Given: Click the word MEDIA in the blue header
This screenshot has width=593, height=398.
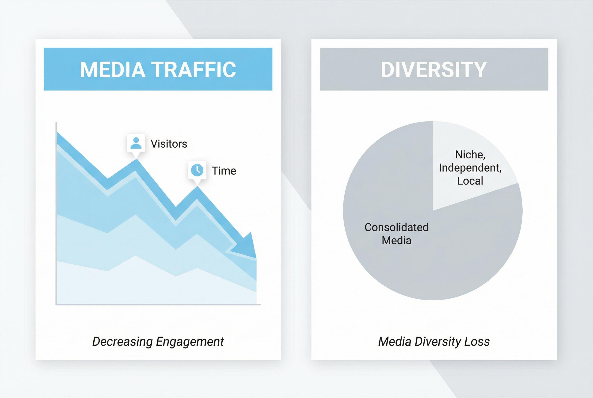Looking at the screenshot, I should click(x=113, y=69).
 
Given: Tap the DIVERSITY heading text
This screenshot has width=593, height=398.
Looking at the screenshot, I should click(x=434, y=69).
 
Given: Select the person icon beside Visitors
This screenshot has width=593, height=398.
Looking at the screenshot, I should click(x=136, y=143).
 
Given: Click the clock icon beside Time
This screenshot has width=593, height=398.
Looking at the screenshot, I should click(x=197, y=170).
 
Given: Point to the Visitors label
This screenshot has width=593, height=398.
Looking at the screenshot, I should click(x=169, y=144).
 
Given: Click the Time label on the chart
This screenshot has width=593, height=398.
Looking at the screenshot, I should click(x=224, y=171).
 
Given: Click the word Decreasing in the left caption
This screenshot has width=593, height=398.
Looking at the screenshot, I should click(x=122, y=342).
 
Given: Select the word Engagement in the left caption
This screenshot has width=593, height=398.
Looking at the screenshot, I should click(x=190, y=342).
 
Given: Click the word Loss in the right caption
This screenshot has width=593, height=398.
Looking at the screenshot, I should click(x=477, y=342).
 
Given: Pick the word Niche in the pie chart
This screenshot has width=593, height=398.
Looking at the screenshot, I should click(x=470, y=155).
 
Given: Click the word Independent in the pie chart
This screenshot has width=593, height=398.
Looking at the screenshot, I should click(x=470, y=168).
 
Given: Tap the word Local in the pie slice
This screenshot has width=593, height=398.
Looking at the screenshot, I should click(x=470, y=181).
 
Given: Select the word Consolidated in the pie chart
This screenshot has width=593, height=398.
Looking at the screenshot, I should click(x=396, y=227).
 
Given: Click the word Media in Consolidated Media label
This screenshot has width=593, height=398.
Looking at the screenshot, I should click(x=396, y=240).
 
